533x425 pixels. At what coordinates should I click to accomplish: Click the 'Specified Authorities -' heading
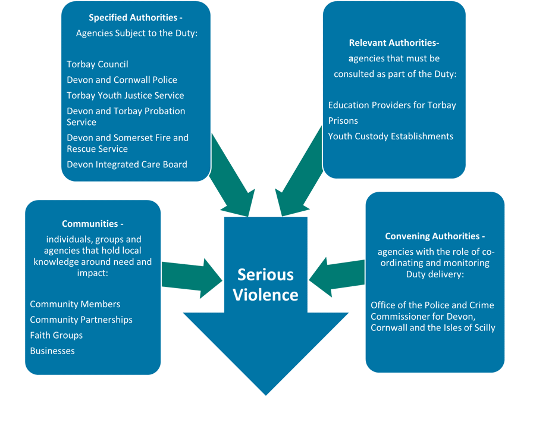coord(136,18)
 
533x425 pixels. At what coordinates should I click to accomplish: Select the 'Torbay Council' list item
coord(98,64)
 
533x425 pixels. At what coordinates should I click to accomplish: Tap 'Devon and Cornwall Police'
coord(122,80)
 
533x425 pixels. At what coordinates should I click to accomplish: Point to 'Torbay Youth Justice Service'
coord(126,95)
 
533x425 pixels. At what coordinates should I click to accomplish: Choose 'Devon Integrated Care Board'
coord(127,164)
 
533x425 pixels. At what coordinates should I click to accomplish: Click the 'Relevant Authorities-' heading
coord(394,43)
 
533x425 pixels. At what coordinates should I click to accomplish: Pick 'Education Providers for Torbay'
coord(392,105)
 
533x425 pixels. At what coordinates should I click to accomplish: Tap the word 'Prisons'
coord(343,121)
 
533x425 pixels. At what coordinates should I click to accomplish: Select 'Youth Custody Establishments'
coord(391,136)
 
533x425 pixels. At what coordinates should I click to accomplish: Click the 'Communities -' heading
coord(93,224)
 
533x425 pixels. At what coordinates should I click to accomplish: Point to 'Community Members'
coord(75,304)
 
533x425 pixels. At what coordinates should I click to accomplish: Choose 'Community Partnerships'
coord(81,320)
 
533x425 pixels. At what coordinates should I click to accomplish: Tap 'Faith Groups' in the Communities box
coord(57,335)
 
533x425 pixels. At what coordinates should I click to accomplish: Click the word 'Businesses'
coord(52,351)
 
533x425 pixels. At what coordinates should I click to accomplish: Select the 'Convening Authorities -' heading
coord(435,236)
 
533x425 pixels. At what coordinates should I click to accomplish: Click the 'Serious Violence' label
coord(265,285)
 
